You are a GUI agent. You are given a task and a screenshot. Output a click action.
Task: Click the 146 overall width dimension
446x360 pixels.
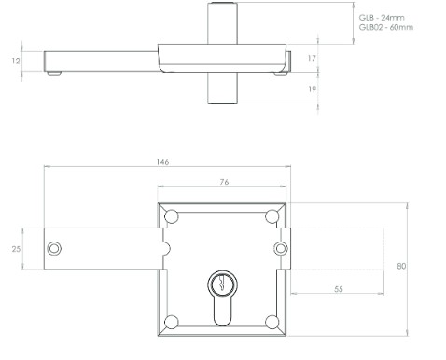coord(162,162)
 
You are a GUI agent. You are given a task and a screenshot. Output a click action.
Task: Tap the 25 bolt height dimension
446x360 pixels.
coord(16,249)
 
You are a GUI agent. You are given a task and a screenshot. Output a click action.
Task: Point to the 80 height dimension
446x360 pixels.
coord(402,267)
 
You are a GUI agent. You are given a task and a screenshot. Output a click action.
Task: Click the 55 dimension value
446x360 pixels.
coord(338,290)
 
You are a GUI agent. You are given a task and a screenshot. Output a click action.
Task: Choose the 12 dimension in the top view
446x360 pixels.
coord(16,61)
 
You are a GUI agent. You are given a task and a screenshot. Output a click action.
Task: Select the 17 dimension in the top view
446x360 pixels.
coord(312,58)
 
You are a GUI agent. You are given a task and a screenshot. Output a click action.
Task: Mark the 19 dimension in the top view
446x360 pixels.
coord(312,89)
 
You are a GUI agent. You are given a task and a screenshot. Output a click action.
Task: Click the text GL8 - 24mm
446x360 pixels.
coord(383,17)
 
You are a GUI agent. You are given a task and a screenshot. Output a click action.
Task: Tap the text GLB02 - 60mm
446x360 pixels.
coord(386,28)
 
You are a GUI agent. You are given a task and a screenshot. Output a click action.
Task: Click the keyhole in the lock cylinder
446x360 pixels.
coord(221,282)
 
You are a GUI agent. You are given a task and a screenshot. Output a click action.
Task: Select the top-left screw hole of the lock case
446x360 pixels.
coord(171,217)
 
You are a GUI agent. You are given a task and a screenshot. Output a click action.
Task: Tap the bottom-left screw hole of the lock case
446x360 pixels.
coord(171,322)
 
